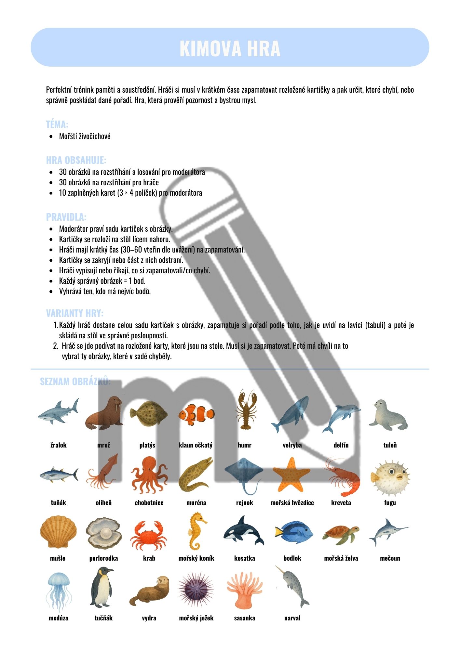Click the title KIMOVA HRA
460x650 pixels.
point(230,49)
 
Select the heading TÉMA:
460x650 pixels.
point(57,124)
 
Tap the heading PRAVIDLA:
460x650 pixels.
point(66,217)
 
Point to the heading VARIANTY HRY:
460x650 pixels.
point(74,313)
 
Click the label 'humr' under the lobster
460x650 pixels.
point(244,445)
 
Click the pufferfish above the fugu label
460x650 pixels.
point(390,478)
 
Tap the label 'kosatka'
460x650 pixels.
point(244,558)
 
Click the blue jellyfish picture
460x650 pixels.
point(59,589)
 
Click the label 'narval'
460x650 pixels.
point(292,618)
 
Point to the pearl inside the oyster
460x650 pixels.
point(105,533)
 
